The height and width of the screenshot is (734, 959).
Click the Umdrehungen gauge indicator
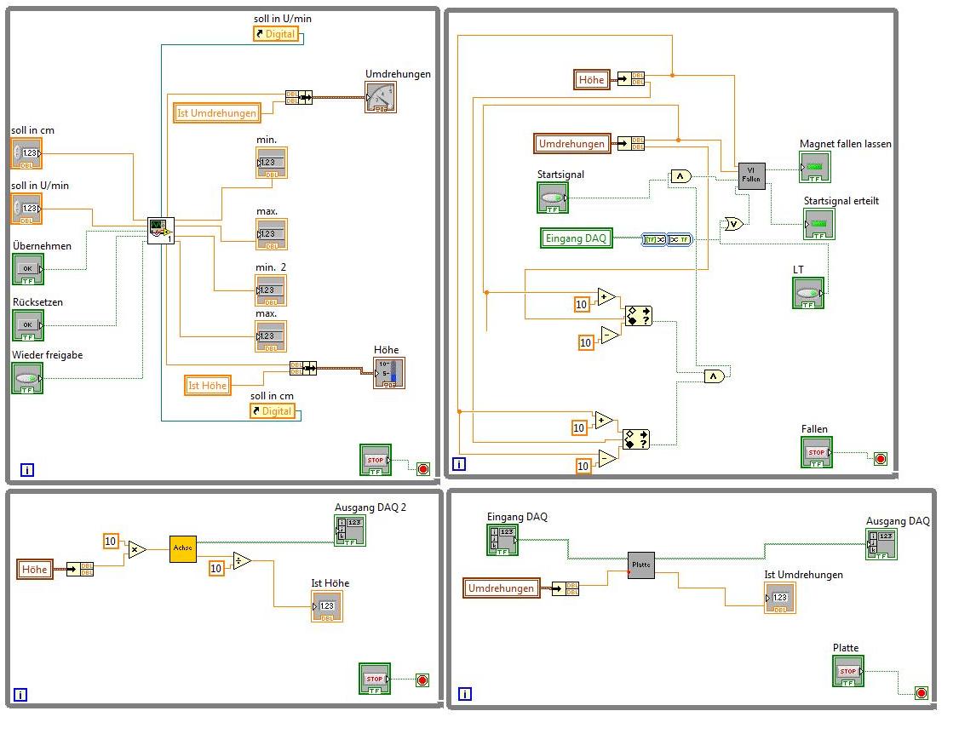(381, 98)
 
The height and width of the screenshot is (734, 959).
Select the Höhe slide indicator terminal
(389, 373)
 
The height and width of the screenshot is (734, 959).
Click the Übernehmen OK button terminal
(27, 269)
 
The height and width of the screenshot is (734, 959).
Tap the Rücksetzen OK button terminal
(27, 325)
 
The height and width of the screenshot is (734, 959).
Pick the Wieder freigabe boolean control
(27, 378)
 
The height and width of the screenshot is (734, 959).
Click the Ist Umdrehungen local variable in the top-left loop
(216, 113)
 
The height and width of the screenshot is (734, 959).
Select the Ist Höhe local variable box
(208, 386)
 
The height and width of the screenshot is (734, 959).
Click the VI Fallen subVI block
(751, 176)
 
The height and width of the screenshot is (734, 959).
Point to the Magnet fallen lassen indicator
(815, 167)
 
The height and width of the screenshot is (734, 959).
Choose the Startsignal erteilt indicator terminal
(819, 224)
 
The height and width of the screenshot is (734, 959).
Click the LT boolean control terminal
(808, 293)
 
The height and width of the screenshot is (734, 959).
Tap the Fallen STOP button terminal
(817, 453)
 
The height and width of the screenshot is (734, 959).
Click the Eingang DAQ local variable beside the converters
(576, 238)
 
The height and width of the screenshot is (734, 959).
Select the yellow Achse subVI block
(183, 549)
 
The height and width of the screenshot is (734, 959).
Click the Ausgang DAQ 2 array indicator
(350, 530)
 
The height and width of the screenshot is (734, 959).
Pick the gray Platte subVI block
(641, 565)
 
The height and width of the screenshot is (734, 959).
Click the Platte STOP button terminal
(848, 671)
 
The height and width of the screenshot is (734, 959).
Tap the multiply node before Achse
(137, 550)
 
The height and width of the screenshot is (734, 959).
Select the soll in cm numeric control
(26, 154)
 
